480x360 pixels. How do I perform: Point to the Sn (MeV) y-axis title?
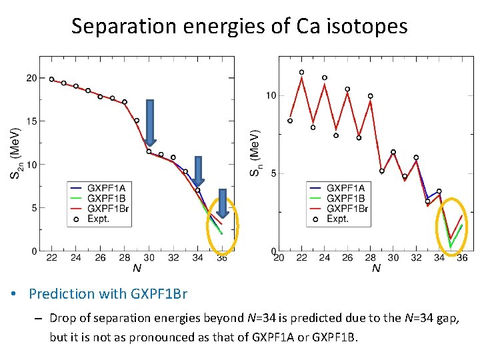tap(255, 153)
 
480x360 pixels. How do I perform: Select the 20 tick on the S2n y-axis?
tap(31, 78)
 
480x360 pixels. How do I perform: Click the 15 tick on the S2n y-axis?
tap(31, 121)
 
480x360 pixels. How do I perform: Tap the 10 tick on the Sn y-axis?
tap(271, 96)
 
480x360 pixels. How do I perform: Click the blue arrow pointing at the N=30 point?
tap(150, 122)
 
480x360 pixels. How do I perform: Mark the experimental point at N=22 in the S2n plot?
tap(52, 79)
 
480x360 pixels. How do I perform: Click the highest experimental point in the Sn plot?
tap(301, 72)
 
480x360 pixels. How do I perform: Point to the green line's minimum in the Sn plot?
tap(451, 247)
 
